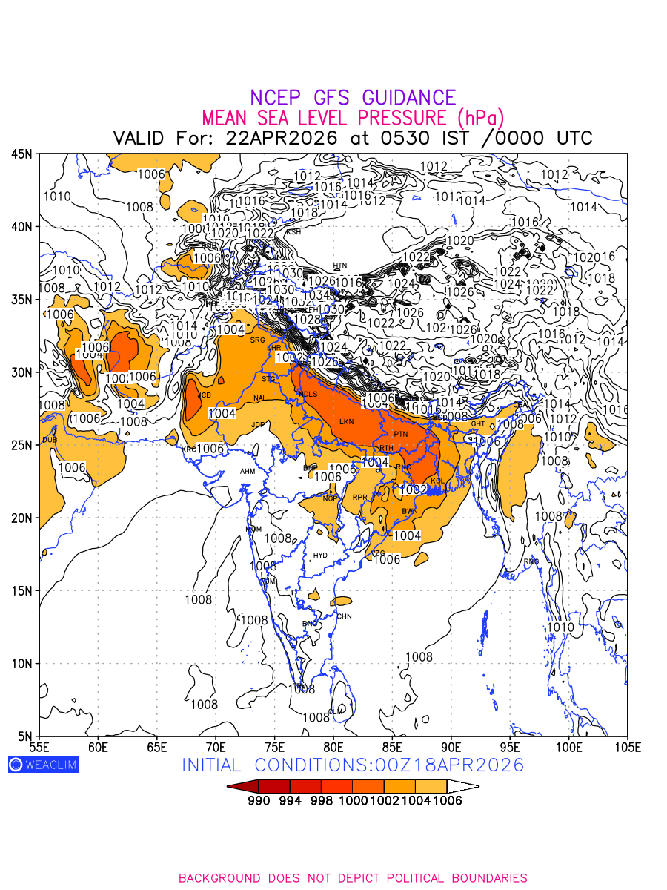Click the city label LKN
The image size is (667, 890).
(347, 422)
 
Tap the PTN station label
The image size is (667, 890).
(401, 434)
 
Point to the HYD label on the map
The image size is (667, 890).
(320, 555)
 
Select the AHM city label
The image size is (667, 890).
(248, 472)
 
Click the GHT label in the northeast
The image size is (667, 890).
(478, 424)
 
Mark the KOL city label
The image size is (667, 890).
(437, 481)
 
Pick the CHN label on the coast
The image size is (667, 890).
(344, 616)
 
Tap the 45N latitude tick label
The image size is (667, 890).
(21, 154)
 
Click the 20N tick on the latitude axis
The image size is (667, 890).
(21, 518)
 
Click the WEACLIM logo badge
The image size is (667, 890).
(43, 765)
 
